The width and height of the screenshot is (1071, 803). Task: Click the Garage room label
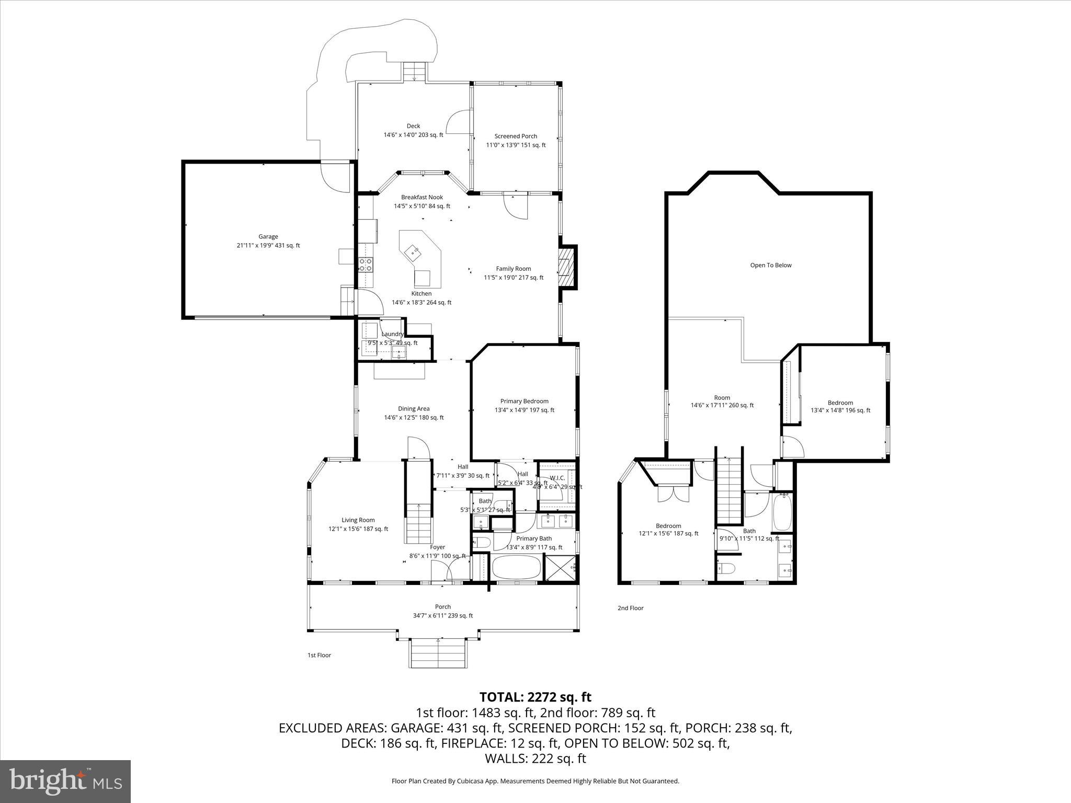[x=268, y=237]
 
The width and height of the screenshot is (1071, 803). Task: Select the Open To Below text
[x=770, y=265]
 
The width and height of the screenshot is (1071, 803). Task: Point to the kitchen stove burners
[x=366, y=265]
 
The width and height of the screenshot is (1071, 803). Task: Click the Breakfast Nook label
[x=421, y=197]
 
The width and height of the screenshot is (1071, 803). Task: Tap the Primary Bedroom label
[x=524, y=401]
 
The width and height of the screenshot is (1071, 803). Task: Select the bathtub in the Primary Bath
[x=516, y=567]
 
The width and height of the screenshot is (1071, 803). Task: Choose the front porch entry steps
[x=437, y=653]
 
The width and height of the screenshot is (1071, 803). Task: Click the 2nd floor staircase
[x=729, y=490]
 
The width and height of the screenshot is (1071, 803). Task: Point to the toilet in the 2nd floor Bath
[x=727, y=568]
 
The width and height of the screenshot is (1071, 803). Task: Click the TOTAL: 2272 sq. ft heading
[x=535, y=697]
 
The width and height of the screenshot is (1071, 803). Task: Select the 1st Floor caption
[x=319, y=655]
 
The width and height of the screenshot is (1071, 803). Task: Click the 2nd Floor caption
[x=630, y=608]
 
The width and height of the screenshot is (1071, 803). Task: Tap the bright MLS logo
[x=65, y=781]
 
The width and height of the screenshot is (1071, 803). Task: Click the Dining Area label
[x=414, y=409]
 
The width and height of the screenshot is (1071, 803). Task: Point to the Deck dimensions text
[x=413, y=135]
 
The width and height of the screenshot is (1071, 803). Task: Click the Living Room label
[x=358, y=520]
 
